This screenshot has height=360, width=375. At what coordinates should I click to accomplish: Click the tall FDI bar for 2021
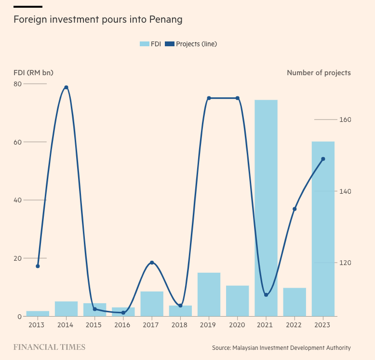(266, 207)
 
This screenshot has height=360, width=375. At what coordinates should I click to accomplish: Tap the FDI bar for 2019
(209, 294)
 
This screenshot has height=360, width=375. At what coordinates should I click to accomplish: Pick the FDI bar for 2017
(152, 304)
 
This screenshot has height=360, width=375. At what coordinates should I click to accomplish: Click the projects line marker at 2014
(66, 87)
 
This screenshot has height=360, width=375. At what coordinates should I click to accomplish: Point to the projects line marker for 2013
(38, 266)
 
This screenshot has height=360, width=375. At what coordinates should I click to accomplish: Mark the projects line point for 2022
(295, 209)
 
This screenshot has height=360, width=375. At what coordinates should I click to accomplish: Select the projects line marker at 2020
(237, 98)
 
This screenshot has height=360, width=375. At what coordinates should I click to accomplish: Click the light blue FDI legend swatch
(144, 44)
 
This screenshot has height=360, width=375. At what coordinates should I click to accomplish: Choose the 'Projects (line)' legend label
(196, 44)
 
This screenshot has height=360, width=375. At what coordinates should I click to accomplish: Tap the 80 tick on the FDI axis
(18, 84)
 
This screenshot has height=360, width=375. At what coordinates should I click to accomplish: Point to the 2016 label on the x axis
(123, 325)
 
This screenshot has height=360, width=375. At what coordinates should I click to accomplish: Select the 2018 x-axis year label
(180, 325)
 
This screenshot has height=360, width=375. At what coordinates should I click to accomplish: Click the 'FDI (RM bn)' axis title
(33, 73)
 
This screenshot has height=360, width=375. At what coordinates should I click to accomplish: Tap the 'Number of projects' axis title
(319, 73)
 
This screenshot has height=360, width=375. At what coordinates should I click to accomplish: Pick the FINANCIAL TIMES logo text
(49, 347)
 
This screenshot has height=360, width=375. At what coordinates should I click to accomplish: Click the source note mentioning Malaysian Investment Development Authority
(281, 347)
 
